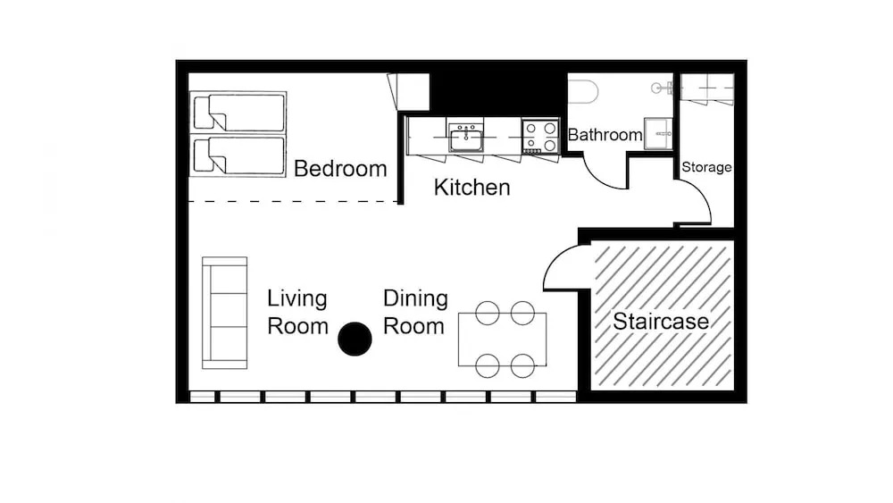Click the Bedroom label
pyautogui.click(x=340, y=169)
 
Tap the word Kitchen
pyautogui.click(x=472, y=188)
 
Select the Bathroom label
pyautogui.click(x=605, y=135)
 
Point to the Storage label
pyautogui.click(x=706, y=167)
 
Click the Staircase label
pyautogui.click(x=661, y=322)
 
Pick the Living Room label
pyautogui.click(x=297, y=312)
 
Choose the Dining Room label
pyautogui.click(x=414, y=312)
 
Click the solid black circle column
pyautogui.click(x=355, y=339)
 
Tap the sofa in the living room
pyautogui.click(x=224, y=313)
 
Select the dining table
pyautogui.click(x=502, y=340)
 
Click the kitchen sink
pyautogui.click(x=466, y=138)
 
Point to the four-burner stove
pyautogui.click(x=540, y=137)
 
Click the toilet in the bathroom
pyautogui.click(x=583, y=92)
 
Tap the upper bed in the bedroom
pyautogui.click(x=238, y=112)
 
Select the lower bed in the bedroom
pyautogui.click(x=238, y=155)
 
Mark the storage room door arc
pyautogui.click(x=702, y=194)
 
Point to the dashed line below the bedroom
pyautogui.click(x=293, y=201)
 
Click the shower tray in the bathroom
pyautogui.click(x=658, y=134)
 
